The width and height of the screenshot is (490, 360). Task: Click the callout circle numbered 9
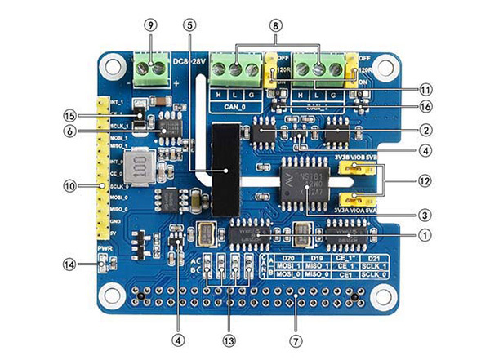click(x=149, y=24)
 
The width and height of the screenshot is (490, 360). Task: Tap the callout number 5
click(x=190, y=24)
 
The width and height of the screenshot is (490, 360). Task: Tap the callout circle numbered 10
click(x=73, y=186)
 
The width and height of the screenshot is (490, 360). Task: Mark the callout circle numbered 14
click(x=73, y=264)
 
